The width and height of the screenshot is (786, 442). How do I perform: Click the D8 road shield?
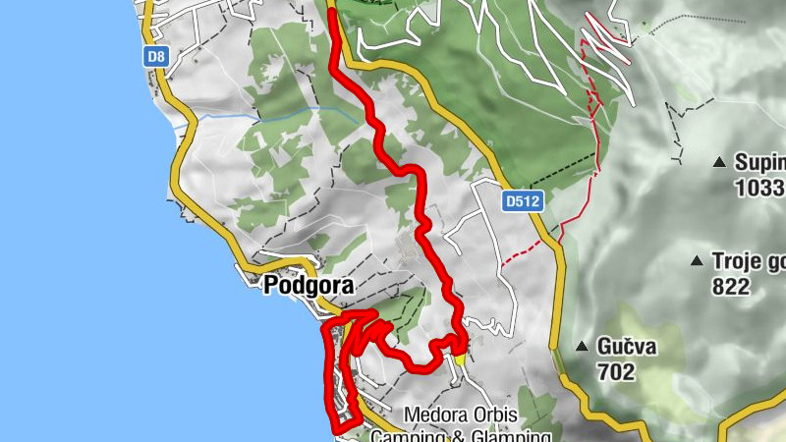point(155,57)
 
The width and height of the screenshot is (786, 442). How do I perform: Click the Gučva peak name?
point(630,347)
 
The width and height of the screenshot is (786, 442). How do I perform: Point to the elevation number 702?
point(616,372)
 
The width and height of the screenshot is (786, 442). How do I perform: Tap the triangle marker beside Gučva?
point(583,347)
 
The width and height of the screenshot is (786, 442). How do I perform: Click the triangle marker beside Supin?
point(719,162)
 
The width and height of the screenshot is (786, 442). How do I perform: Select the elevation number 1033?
point(758,187)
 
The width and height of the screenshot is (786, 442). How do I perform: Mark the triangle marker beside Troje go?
point(697,261)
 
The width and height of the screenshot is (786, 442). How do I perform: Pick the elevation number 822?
point(732,287)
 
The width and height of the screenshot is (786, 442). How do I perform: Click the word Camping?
point(406,435)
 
